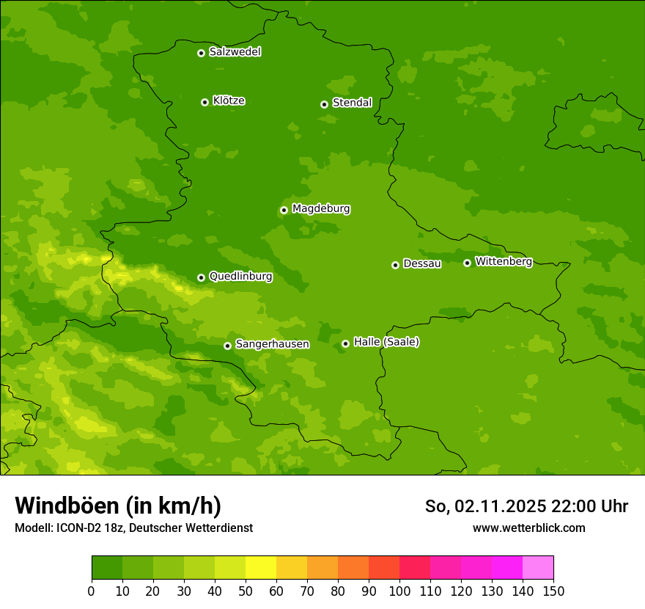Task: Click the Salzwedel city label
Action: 235,52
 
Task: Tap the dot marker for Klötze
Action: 204,102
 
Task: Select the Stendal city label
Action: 352,103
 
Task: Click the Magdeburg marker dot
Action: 284,210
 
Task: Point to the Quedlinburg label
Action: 240,277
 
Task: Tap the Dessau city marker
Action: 395,265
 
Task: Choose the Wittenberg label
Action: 504,261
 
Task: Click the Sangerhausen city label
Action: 272,344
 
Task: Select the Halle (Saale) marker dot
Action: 345,343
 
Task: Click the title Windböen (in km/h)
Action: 118,506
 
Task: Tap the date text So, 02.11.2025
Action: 485,506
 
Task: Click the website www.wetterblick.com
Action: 528,528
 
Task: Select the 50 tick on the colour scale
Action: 246,591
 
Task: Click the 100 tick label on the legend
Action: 399,591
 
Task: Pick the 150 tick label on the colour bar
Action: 553,591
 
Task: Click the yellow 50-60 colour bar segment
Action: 261,568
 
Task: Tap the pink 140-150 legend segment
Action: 538,568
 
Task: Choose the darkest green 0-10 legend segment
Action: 107,568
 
